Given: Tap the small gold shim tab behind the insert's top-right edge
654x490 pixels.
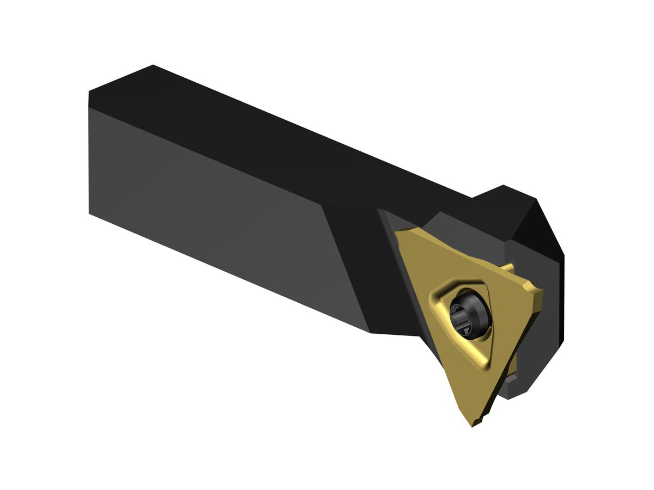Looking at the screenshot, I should (x=508, y=267).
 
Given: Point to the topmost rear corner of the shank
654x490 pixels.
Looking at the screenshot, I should (x=153, y=66).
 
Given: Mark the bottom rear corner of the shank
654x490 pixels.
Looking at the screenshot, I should (x=89, y=213).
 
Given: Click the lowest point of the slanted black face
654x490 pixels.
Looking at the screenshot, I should (x=371, y=332).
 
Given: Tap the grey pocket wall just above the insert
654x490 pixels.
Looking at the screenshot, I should (x=458, y=229).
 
